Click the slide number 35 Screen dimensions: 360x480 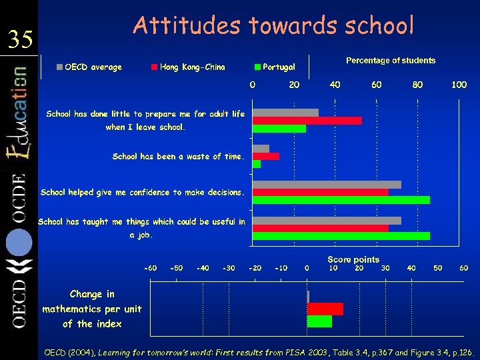click(20, 40)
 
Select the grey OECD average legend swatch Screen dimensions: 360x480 click(60, 67)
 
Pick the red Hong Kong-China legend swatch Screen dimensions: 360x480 click(155, 67)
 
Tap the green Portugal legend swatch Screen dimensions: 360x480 click(257, 67)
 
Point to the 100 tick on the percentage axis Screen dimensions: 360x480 click(459, 85)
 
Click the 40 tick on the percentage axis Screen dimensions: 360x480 click(335, 85)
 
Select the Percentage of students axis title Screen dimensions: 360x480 click(391, 61)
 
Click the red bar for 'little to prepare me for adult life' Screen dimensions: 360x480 click(307, 121)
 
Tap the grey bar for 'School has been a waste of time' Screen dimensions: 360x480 click(261, 149)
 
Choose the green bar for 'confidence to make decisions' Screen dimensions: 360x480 click(341, 200)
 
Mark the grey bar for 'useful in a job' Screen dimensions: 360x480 click(327, 221)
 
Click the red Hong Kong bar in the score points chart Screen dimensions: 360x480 click(325, 309)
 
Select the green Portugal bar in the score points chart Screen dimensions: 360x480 click(319, 321)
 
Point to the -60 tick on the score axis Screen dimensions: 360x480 click(151, 268)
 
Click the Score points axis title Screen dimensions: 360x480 click(353, 259)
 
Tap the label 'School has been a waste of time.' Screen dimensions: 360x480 click(179, 157)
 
